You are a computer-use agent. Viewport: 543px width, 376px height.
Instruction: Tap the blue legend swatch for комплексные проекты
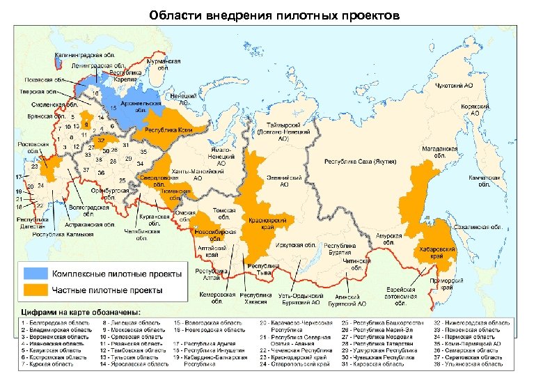pos(36,272)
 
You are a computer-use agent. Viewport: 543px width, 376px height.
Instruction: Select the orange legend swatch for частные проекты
pos(36,288)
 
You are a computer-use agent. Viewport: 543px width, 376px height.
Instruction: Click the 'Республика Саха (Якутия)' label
pos(360,162)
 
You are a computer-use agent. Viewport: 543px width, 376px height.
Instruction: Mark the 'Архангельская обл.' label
pos(136,106)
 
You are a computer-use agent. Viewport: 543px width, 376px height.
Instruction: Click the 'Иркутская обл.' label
pos(299,246)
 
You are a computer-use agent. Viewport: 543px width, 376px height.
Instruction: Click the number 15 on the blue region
pos(112,108)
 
